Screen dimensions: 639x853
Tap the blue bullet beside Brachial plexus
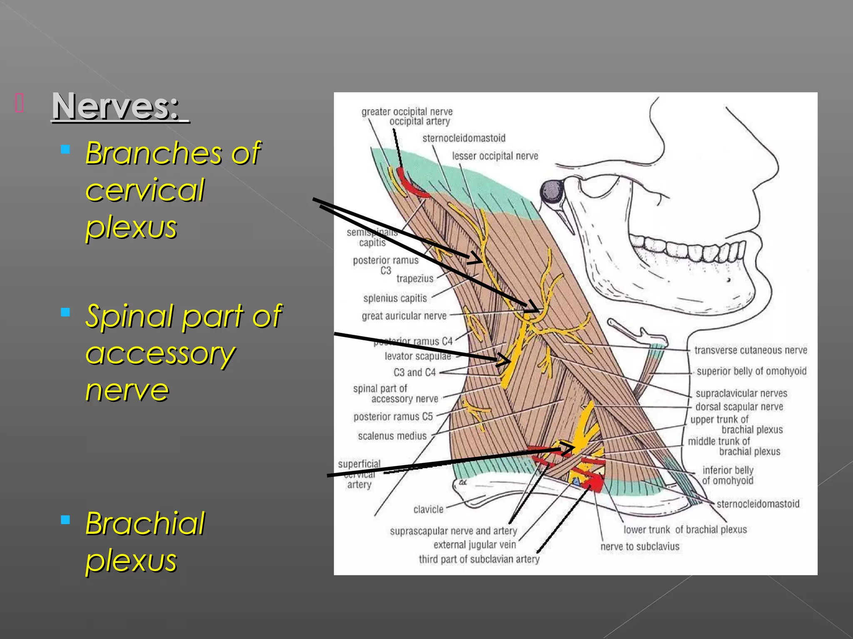click(65, 519)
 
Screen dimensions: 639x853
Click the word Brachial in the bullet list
click(145, 523)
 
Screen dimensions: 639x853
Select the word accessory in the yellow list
click(160, 354)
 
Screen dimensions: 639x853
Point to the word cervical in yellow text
click(145, 190)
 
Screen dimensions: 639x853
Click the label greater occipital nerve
click(407, 111)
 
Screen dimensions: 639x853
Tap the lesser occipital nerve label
click(495, 156)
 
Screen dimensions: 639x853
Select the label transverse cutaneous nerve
click(751, 350)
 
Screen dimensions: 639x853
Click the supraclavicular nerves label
click(741, 393)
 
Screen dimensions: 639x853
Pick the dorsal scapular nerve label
click(739, 406)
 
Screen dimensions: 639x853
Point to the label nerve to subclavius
click(640, 546)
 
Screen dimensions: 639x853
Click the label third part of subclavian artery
click(479, 559)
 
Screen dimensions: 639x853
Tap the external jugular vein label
click(474, 545)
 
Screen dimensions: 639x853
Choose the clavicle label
click(428, 509)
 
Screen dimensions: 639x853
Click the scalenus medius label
click(392, 436)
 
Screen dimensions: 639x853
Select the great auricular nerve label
click(404, 316)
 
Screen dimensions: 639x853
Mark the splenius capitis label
click(395, 298)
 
